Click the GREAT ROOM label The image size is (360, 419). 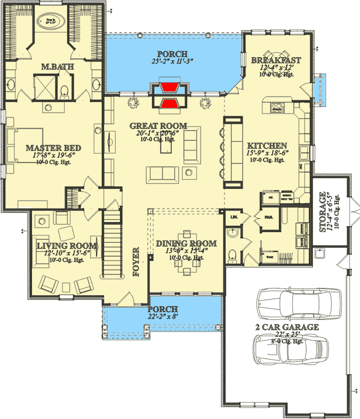158,126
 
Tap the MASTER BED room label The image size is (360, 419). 53,148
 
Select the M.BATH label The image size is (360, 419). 57,67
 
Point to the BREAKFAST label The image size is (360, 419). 276,61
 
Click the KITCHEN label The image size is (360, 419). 267,146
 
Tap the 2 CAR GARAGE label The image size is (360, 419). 287,327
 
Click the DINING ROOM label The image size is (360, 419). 180,243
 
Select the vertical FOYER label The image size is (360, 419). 136,262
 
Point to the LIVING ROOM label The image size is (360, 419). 67,246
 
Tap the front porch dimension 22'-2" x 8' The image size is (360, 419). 163,318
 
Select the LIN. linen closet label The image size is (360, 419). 234,217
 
